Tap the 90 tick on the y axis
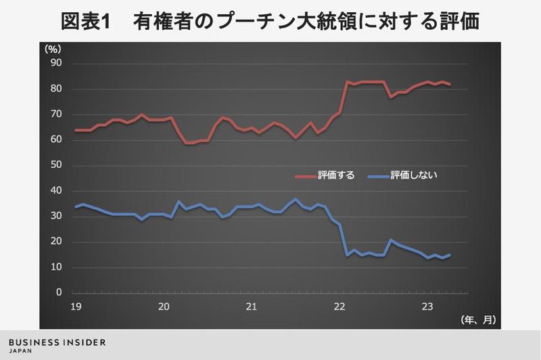[x=57, y=64]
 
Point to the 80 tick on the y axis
[x=57, y=89]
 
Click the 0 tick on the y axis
[x=60, y=293]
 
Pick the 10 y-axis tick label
[x=57, y=268]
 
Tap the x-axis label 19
[x=75, y=306]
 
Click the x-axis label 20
[x=163, y=306]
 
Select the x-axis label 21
[x=251, y=306]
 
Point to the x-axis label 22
[x=339, y=306]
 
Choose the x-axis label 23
[x=427, y=306]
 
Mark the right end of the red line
[x=450, y=84]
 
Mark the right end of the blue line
[x=450, y=254]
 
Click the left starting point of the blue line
[x=75, y=207]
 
